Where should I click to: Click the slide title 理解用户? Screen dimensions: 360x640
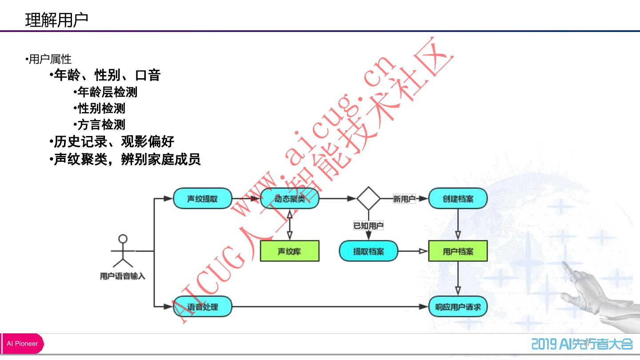pyautogui.click(x=56, y=20)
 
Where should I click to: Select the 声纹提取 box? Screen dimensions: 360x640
pyautogui.click(x=202, y=199)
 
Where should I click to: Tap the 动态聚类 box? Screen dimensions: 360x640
pyautogui.click(x=290, y=199)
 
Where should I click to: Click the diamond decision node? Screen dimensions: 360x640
pyautogui.click(x=368, y=199)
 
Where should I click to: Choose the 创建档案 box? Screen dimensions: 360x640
pyautogui.click(x=458, y=199)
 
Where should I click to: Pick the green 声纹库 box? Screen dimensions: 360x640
pyautogui.click(x=289, y=251)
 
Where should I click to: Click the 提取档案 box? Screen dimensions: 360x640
pyautogui.click(x=368, y=251)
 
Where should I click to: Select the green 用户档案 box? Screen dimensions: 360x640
pyautogui.click(x=458, y=251)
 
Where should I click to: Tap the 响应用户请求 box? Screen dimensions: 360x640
pyautogui.click(x=458, y=307)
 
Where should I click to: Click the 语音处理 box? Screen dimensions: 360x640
pyautogui.click(x=202, y=307)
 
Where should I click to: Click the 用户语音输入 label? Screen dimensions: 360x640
pyautogui.click(x=122, y=276)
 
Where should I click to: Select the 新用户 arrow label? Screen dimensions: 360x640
pyautogui.click(x=404, y=199)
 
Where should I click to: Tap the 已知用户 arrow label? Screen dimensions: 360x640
pyautogui.click(x=368, y=225)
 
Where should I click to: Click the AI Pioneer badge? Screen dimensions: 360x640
pyautogui.click(x=22, y=344)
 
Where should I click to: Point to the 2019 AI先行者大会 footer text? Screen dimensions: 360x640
pyautogui.click(x=582, y=344)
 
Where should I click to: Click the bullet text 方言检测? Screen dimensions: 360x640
pyautogui.click(x=101, y=124)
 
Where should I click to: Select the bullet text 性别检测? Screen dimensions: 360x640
pyautogui.click(x=101, y=108)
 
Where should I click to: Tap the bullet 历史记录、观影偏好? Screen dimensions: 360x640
pyautogui.click(x=114, y=142)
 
